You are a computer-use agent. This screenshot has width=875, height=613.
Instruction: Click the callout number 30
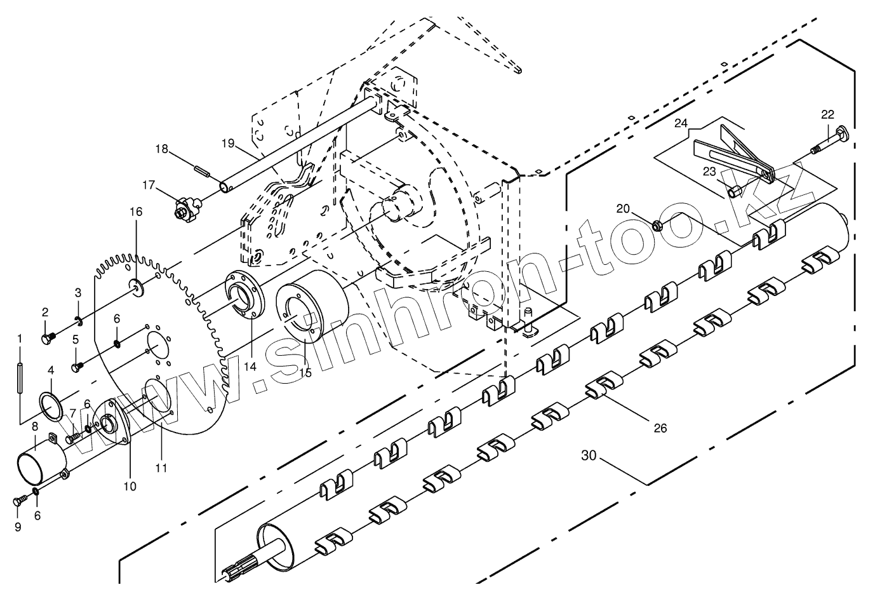[589, 455]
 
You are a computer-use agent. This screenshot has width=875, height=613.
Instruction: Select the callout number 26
[660, 428]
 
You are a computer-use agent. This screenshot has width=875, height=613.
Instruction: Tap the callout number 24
[681, 123]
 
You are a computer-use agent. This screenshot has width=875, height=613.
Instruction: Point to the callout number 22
[827, 114]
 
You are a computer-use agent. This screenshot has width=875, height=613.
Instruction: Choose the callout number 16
[137, 211]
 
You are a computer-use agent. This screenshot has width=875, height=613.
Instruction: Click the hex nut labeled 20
[658, 224]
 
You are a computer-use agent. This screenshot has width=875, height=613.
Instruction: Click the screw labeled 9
[18, 502]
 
